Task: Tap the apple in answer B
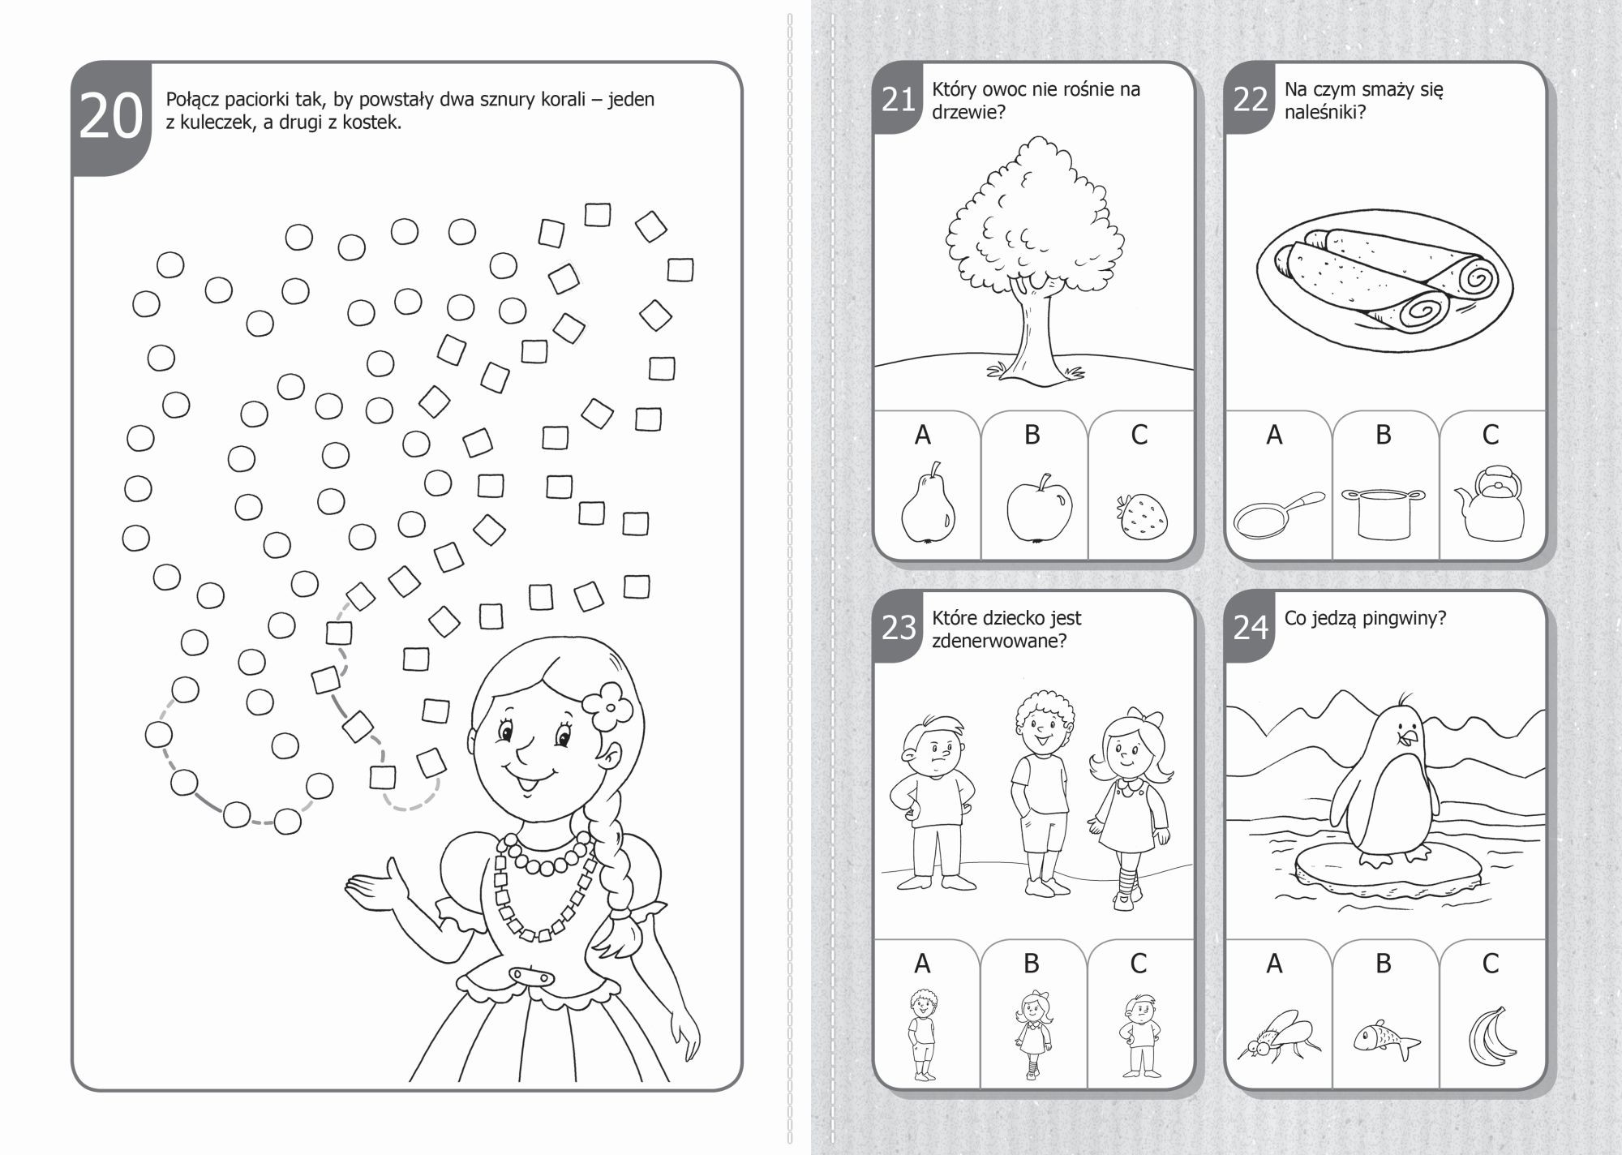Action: point(1038,507)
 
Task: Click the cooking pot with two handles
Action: point(1384,513)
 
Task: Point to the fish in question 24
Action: point(1385,1039)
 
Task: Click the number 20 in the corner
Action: point(111,118)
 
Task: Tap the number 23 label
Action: point(898,628)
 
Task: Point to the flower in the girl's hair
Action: point(607,706)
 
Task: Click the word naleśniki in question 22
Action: point(1324,112)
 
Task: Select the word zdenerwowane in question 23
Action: point(999,641)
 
